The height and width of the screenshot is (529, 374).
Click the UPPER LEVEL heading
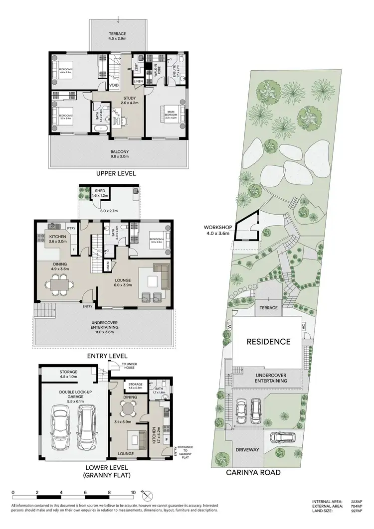117,173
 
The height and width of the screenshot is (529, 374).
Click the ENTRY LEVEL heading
107,356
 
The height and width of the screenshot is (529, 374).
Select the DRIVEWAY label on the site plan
248,450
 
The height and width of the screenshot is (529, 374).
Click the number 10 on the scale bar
133,492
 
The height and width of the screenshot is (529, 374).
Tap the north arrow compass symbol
147,496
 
